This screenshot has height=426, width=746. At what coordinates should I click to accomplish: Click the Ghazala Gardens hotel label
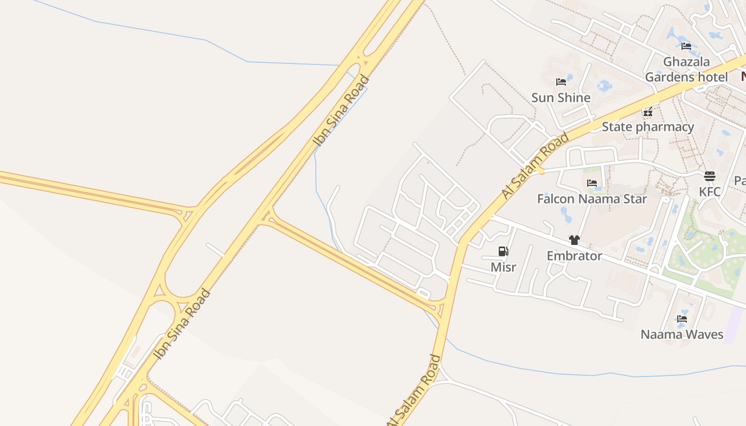pos(686,69)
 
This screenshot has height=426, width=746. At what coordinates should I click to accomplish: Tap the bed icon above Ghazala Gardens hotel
pos(686,46)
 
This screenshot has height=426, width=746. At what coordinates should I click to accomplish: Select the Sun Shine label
pos(561,97)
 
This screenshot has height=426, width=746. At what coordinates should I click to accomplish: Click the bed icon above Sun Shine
pos(561,82)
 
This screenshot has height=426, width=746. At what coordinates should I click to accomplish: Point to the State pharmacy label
pos(647,127)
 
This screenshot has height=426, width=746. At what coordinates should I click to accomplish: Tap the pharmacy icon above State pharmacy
pos(648,112)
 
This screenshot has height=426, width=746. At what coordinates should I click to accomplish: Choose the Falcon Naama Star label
pos(591,199)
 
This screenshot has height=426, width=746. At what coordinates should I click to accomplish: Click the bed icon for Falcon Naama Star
pos(591,183)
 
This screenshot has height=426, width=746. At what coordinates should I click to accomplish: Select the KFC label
pos(710,192)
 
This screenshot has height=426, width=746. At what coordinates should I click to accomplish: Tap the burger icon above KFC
pos(709,176)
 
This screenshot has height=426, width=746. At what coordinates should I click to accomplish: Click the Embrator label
pos(574,256)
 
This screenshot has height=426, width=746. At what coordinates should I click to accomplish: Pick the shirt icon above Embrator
pos(574,240)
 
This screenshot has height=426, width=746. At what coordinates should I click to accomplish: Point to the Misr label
pos(503,267)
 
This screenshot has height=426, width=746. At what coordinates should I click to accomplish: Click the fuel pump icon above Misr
pos(503,251)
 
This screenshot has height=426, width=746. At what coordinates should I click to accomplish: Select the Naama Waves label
pos(682,334)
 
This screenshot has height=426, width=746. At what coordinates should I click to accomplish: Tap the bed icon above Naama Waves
pos(682,319)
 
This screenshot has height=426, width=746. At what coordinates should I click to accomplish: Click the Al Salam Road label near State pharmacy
pos(535,166)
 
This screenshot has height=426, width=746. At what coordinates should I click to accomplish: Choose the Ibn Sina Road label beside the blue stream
pos(341,111)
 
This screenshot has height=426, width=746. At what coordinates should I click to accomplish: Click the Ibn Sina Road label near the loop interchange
pos(182,324)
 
